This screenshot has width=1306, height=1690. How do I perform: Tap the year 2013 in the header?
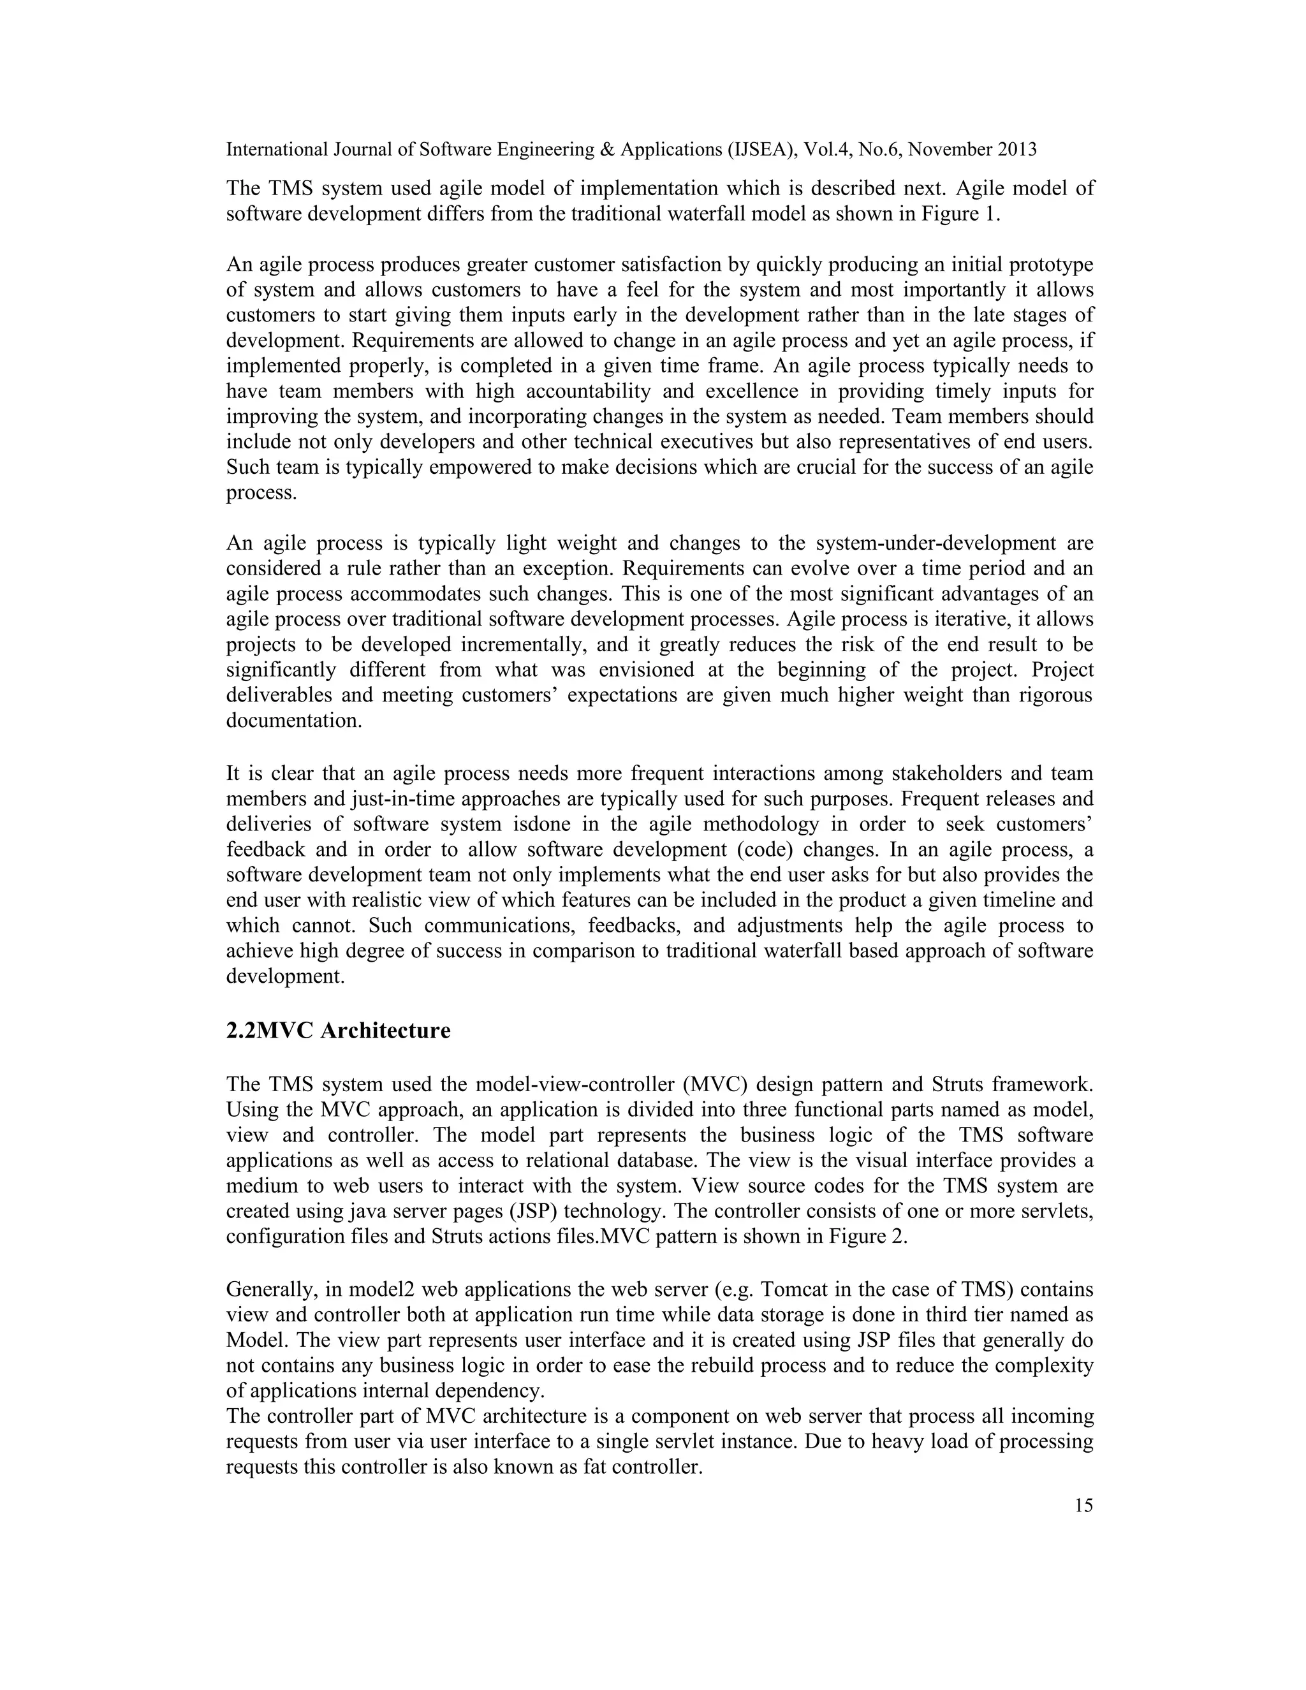click(1016, 150)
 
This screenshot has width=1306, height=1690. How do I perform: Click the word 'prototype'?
click(1052, 265)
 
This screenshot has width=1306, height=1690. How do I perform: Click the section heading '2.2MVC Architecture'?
click(338, 1031)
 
